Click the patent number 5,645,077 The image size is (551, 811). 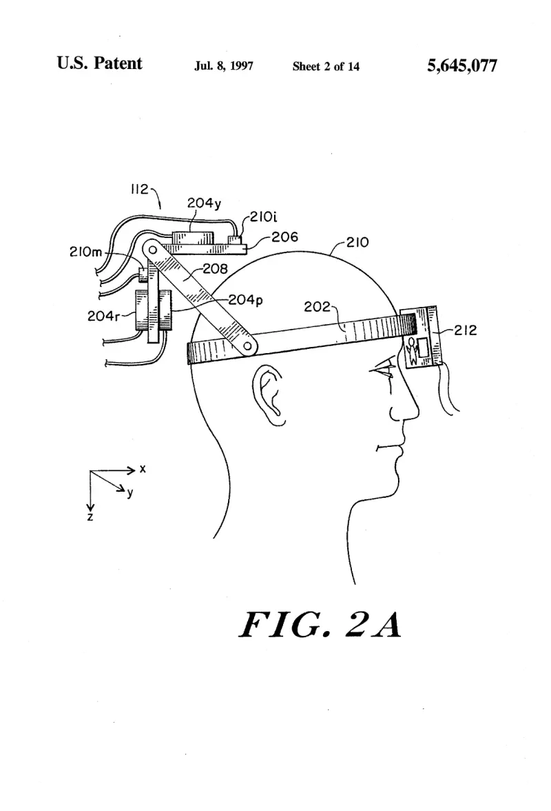coord(461,66)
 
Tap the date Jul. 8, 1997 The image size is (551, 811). coord(224,66)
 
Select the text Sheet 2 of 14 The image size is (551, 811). coord(326,66)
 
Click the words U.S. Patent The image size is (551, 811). coord(99,63)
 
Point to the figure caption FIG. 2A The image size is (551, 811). coord(320,624)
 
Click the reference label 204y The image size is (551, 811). coord(204,203)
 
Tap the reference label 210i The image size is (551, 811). coord(263,217)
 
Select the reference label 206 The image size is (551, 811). coord(284,237)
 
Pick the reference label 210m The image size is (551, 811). coord(85,252)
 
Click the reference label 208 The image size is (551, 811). coord(215,268)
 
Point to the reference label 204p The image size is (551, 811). coord(245,300)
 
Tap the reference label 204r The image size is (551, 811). coord(103,316)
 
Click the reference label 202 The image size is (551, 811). coord(317,307)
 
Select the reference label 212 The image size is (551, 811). coord(466,330)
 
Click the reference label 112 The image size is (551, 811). coord(139,189)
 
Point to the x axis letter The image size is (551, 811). coord(143,469)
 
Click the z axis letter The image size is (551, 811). coord(90,517)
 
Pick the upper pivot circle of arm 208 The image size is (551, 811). coord(152,250)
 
